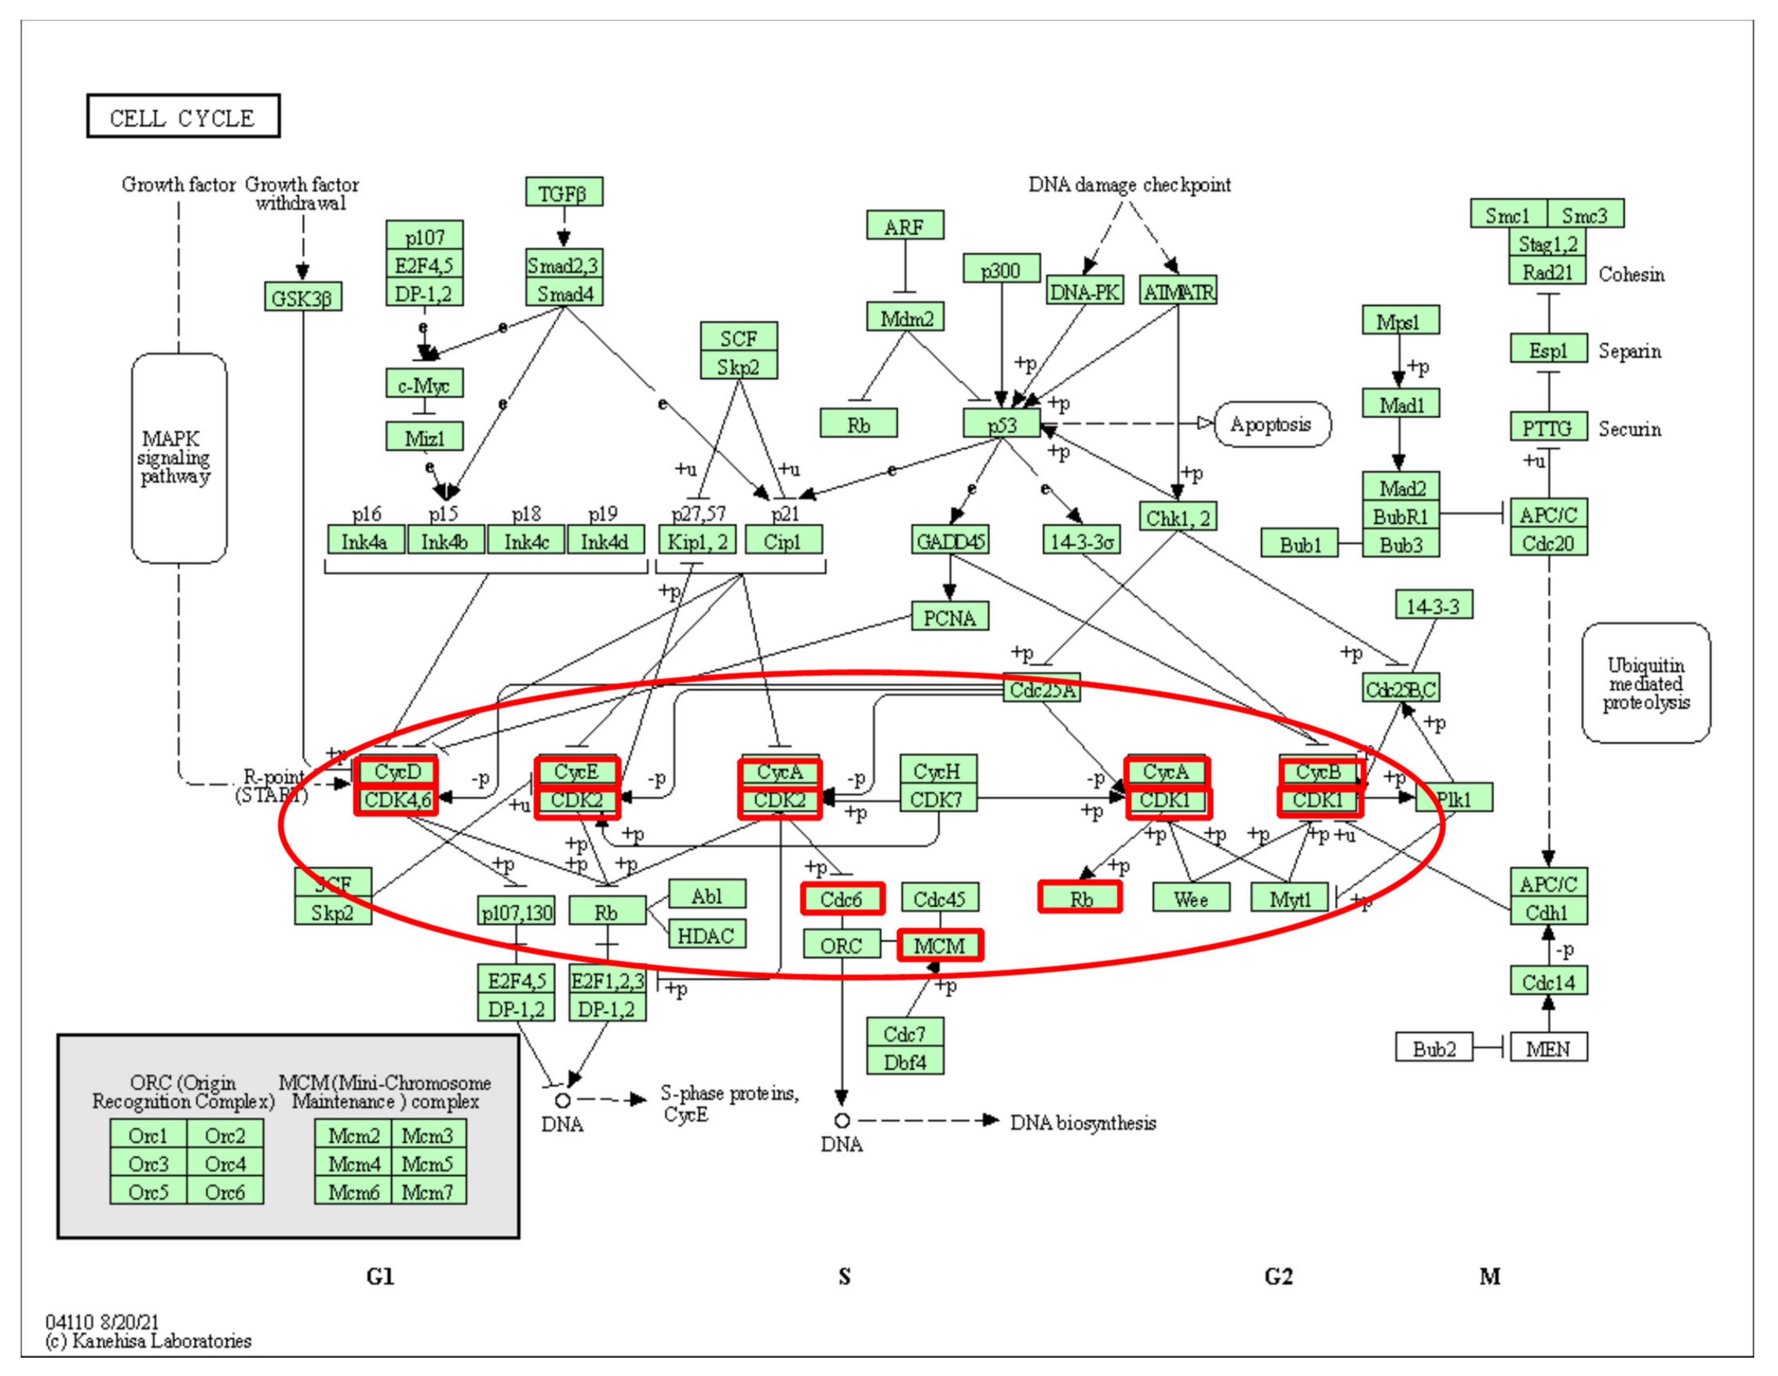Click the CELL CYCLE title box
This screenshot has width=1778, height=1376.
(x=183, y=117)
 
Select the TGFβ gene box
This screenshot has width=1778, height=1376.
(x=563, y=193)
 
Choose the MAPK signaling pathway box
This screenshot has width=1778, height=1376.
(x=178, y=458)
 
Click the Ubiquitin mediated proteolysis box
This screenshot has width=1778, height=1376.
(x=1645, y=684)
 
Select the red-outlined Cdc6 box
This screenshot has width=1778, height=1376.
(x=842, y=899)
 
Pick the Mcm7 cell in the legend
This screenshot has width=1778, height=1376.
(x=428, y=1191)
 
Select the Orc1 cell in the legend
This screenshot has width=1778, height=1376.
(x=148, y=1135)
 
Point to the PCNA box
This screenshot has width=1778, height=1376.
(x=949, y=617)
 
